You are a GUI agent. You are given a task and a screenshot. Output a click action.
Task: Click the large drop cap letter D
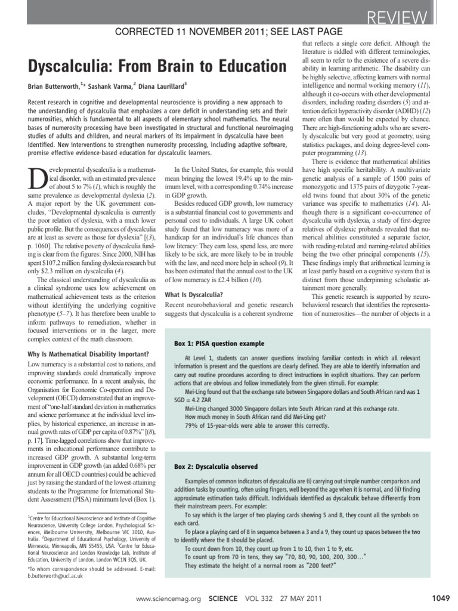click(x=36, y=180)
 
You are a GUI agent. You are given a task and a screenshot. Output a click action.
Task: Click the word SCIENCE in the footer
click(x=225, y=597)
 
